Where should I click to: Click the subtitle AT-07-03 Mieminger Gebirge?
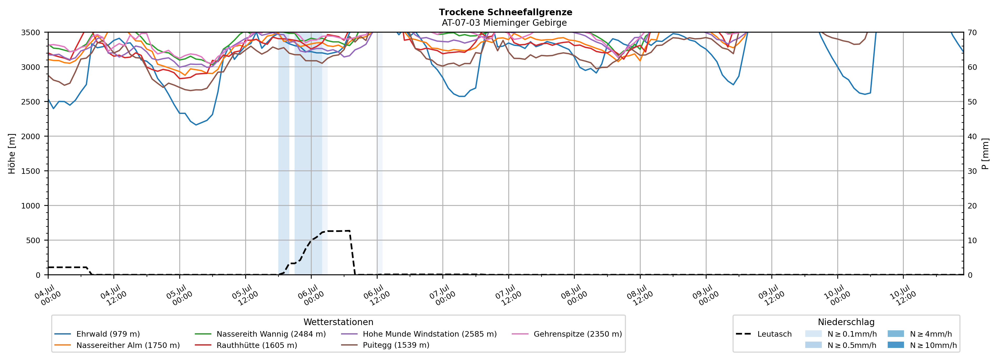point(504,23)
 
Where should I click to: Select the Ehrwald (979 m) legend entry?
point(97,334)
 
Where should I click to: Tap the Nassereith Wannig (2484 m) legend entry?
point(260,334)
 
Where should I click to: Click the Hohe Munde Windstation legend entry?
point(419,334)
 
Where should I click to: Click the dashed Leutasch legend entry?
point(764,334)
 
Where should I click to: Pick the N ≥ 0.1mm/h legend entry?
point(841,334)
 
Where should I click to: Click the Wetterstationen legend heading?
point(338,322)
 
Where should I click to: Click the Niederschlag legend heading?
point(846,322)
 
